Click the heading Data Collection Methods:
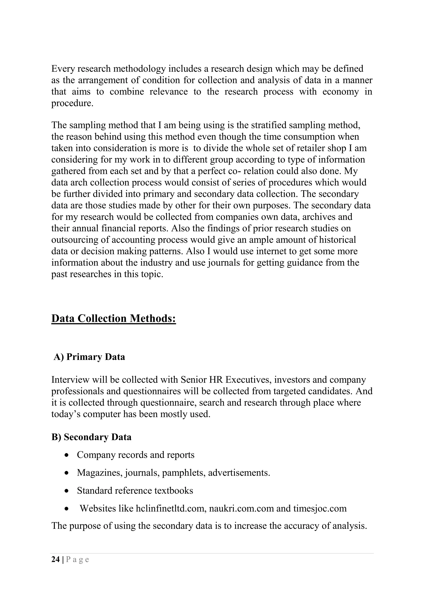point(114,319)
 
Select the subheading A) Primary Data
point(89,357)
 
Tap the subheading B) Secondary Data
point(91,437)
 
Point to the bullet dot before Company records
point(67,455)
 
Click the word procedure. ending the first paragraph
point(72,103)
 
